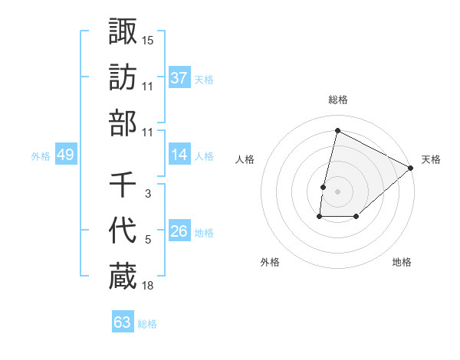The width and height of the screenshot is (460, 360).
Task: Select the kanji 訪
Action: point(123,77)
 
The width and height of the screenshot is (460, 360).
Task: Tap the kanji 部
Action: point(123,123)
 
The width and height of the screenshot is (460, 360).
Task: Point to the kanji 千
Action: point(123,185)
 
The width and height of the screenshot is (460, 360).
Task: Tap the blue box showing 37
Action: point(179,77)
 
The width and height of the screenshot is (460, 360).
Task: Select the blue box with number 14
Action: point(179,155)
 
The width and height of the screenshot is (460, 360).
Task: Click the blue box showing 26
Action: point(179,231)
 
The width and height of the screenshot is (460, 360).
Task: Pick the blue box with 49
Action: point(65,155)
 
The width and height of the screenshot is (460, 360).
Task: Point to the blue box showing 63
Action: point(123,322)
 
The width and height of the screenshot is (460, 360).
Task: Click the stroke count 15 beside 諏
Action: point(148,39)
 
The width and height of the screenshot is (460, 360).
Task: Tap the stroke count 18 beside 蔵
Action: point(148,286)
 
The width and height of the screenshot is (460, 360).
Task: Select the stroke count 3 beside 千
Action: point(148,194)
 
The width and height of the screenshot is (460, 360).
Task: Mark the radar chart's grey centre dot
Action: point(337,191)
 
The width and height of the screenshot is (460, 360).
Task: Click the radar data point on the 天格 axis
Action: point(411,169)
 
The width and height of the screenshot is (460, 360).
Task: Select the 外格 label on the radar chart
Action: point(270,262)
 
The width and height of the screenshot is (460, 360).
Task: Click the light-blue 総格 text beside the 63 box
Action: point(147,324)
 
